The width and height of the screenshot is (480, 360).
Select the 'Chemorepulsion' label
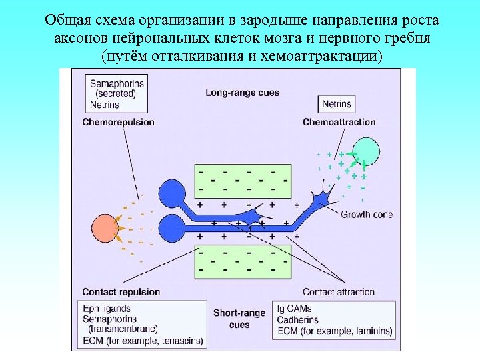(x=119, y=122)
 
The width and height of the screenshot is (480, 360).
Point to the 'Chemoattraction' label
(x=339, y=122)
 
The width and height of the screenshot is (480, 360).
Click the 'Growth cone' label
(x=367, y=215)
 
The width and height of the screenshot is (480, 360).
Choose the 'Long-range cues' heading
(x=242, y=93)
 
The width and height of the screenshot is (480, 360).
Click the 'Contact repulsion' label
(x=121, y=291)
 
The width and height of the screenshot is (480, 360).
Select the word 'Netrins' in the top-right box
(x=336, y=105)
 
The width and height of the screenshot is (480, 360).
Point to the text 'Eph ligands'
(x=107, y=309)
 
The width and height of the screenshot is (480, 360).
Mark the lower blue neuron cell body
(x=171, y=229)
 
